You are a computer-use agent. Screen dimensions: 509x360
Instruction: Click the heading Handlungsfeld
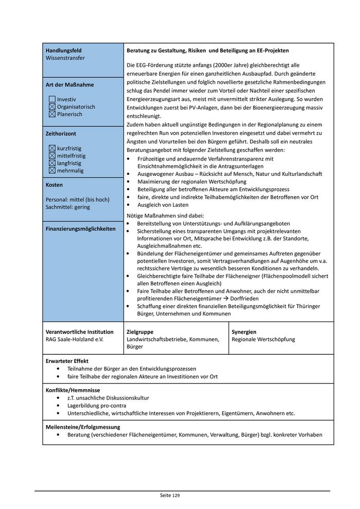(64, 51)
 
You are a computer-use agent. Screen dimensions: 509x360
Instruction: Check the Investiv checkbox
(52, 99)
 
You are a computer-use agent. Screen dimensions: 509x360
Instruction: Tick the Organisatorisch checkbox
(52, 107)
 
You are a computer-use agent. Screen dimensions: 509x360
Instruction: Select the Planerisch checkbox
(52, 114)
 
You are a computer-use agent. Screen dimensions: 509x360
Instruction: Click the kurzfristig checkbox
(52, 149)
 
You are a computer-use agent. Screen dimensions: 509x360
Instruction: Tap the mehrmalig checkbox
(52, 171)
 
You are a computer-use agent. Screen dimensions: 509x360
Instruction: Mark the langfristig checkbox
(52, 163)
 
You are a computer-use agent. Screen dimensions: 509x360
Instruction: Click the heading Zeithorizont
(61, 134)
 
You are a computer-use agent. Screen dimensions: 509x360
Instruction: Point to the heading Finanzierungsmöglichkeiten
(81, 229)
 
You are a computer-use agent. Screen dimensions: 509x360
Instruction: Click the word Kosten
(54, 185)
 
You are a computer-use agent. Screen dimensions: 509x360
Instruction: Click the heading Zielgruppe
(140, 332)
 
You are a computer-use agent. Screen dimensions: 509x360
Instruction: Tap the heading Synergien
(244, 332)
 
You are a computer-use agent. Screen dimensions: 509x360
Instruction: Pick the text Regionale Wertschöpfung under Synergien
(263, 340)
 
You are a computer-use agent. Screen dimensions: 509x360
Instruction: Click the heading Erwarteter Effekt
(67, 361)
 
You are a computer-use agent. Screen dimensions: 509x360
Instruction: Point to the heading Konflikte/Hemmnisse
(73, 391)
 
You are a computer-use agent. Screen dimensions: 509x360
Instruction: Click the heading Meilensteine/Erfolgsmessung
(83, 427)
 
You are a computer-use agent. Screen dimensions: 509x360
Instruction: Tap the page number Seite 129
(170, 496)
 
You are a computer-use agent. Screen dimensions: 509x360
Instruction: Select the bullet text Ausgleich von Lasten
(163, 205)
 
